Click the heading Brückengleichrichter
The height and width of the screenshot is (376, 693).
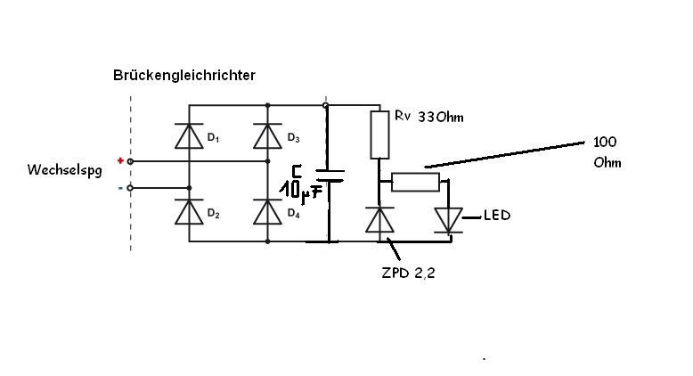click(x=184, y=76)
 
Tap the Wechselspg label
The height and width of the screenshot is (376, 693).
click(x=65, y=168)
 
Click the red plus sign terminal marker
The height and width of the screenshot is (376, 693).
click(x=120, y=160)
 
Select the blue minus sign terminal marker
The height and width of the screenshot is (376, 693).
click(x=120, y=187)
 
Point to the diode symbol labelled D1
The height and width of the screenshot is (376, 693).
click(x=187, y=136)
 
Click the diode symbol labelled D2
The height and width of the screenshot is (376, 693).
click(x=187, y=212)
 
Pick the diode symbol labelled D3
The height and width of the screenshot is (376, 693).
click(x=267, y=136)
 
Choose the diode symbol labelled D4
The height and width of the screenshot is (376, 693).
click(x=267, y=212)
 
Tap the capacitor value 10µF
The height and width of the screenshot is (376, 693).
click(x=301, y=189)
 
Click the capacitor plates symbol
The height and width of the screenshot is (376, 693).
click(x=329, y=176)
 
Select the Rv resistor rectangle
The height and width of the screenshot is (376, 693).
click(x=380, y=135)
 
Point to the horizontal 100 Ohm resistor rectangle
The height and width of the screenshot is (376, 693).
click(x=415, y=182)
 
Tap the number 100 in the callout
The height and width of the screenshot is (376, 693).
click(x=605, y=143)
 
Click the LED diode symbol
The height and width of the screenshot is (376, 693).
click(x=448, y=220)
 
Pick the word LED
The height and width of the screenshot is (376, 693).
click(x=497, y=216)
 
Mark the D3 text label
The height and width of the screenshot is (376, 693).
click(x=293, y=138)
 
